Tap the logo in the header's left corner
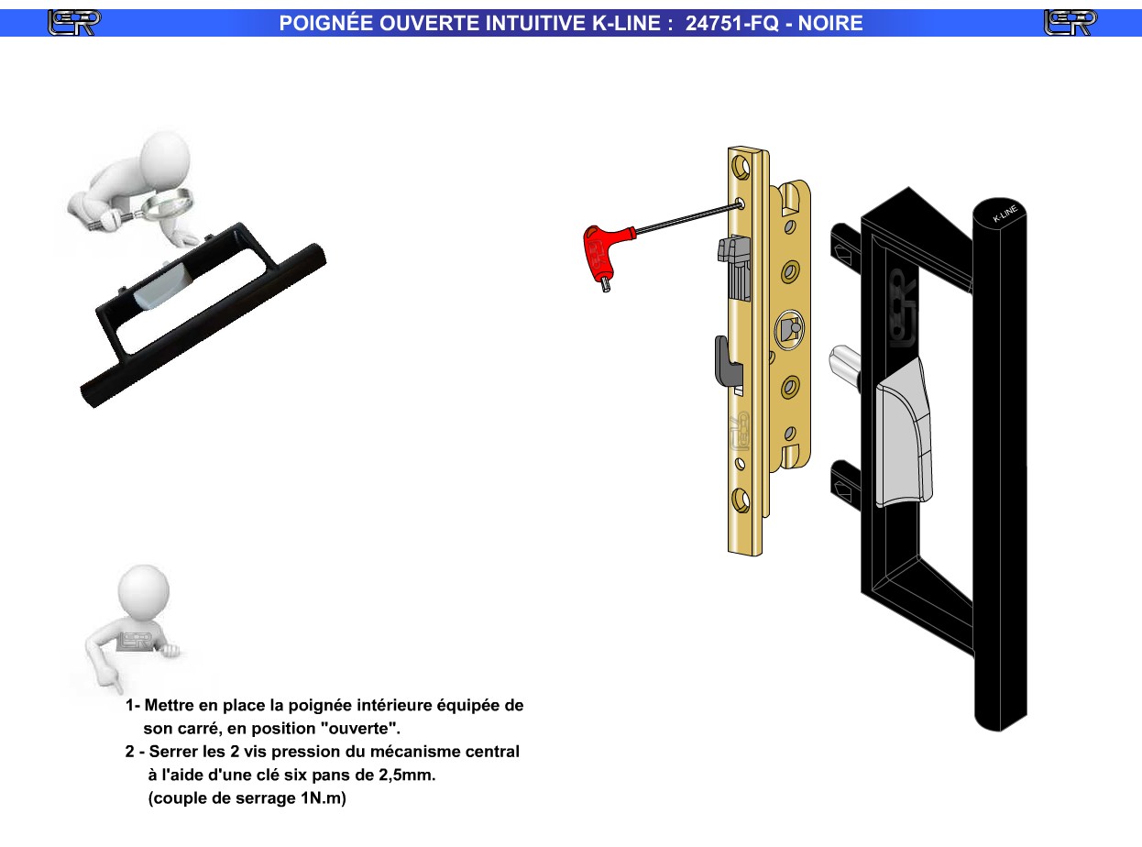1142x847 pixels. pyautogui.click(x=74, y=23)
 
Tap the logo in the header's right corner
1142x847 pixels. pyautogui.click(x=1070, y=23)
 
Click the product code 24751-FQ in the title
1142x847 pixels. pyautogui.click(x=731, y=23)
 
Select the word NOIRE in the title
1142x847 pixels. pyautogui.click(x=830, y=23)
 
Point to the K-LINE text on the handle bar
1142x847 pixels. pyautogui.click(x=1005, y=213)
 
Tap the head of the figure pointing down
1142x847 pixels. pyautogui.click(x=143, y=591)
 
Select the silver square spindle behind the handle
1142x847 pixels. pyautogui.click(x=844, y=363)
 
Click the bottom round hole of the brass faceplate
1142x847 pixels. pyautogui.click(x=741, y=500)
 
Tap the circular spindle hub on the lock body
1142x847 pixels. pyautogui.click(x=789, y=329)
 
